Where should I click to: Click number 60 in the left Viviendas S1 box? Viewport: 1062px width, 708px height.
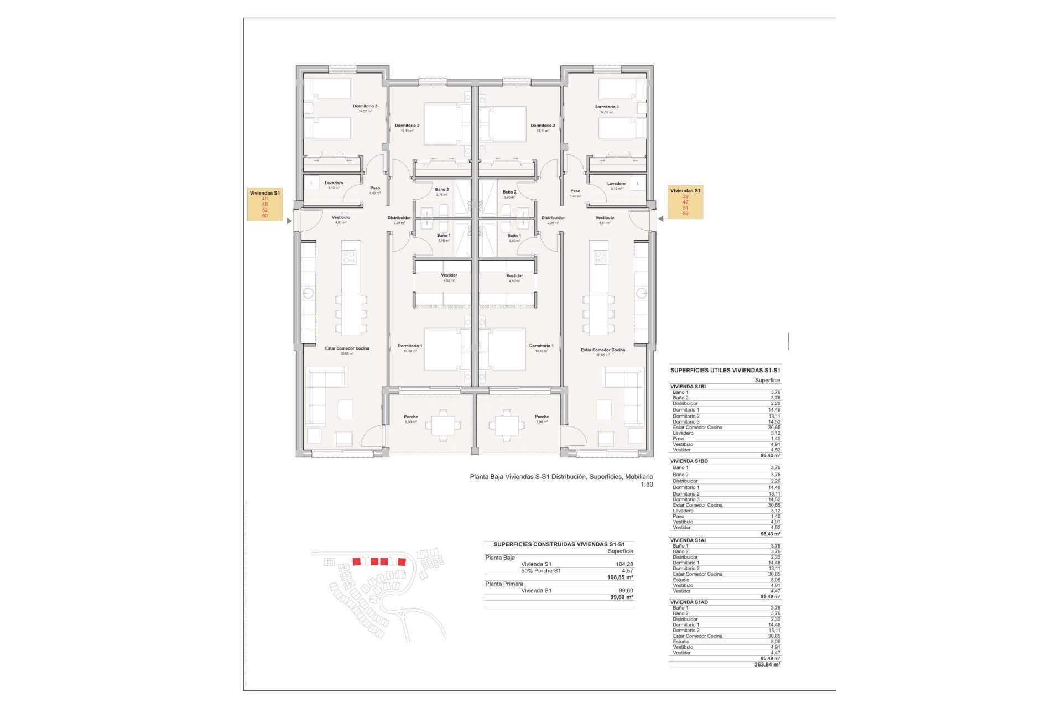265,216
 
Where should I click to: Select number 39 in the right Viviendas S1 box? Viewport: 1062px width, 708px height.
685,196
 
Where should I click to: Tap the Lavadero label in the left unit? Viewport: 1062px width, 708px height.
334,183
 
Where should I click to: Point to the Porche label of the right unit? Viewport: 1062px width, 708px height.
542,417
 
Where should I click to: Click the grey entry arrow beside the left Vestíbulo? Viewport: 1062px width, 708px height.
289,221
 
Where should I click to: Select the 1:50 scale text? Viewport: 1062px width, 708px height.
647,485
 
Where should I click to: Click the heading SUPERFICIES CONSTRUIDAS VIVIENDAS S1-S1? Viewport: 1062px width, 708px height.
559,544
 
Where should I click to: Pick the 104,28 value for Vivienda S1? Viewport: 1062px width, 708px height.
624,564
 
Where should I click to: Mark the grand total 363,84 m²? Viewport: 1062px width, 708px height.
767,665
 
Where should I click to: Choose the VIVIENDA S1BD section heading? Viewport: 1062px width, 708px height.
689,461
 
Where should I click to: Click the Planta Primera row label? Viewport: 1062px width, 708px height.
504,584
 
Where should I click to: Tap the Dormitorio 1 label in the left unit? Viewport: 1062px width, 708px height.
410,346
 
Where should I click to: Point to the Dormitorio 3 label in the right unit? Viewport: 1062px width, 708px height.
606,107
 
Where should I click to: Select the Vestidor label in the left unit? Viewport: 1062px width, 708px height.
449,275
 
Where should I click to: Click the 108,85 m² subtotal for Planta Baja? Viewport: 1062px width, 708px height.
620,577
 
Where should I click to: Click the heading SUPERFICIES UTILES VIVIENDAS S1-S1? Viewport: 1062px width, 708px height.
725,371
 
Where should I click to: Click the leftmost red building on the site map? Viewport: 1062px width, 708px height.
357,561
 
